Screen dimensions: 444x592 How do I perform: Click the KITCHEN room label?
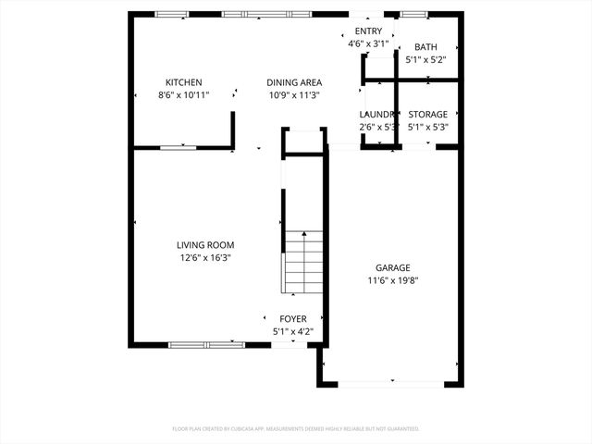pyautogui.click(x=183, y=82)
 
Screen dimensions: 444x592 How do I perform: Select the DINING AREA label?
pyautogui.click(x=294, y=82)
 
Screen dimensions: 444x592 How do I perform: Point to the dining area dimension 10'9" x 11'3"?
pyautogui.click(x=294, y=95)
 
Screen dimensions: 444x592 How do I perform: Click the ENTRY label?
pyautogui.click(x=367, y=31)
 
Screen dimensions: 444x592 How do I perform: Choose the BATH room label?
pyautogui.click(x=425, y=47)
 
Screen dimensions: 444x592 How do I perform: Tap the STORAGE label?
pyautogui.click(x=427, y=115)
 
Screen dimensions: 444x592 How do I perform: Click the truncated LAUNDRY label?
pyautogui.click(x=376, y=115)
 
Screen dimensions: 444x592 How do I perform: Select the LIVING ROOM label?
pyautogui.click(x=205, y=245)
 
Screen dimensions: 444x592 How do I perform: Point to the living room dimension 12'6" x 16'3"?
pyautogui.click(x=205, y=258)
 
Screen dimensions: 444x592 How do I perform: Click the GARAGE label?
pyautogui.click(x=392, y=268)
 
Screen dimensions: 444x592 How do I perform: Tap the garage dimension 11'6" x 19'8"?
pyautogui.click(x=392, y=281)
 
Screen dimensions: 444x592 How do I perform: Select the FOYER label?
pyautogui.click(x=293, y=319)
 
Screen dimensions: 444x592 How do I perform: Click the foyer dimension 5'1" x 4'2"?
pyautogui.click(x=293, y=331)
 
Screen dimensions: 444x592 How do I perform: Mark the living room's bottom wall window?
pyautogui.click(x=207, y=344)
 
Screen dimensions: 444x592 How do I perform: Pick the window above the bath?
pyautogui.click(x=413, y=14)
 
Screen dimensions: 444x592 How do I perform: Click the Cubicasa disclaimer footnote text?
pyautogui.click(x=296, y=429)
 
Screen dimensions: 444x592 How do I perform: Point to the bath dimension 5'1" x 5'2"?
pyautogui.click(x=425, y=60)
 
